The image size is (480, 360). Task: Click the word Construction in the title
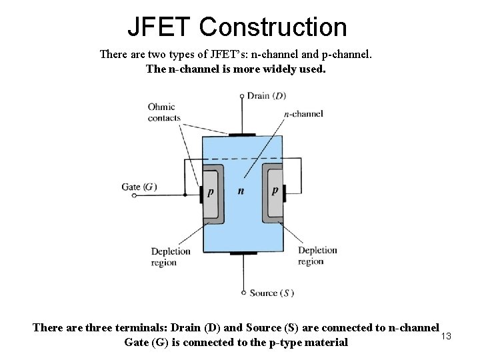point(273,27)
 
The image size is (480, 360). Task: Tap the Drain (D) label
point(266,96)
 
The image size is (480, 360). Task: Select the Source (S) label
point(271,293)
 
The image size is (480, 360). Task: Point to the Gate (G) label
point(139,187)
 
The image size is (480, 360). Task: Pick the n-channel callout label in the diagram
point(303,114)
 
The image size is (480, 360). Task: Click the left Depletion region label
point(171,257)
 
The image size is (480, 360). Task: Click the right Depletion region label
point(317,255)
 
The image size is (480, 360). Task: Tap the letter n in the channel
point(241,191)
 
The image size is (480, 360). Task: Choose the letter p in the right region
point(275,190)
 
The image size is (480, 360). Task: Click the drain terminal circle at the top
point(242,96)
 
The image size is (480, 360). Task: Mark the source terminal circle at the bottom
point(243,293)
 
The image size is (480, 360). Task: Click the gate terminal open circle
point(135,195)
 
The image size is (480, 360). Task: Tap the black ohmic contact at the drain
point(242,135)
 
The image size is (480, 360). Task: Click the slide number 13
point(447,335)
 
